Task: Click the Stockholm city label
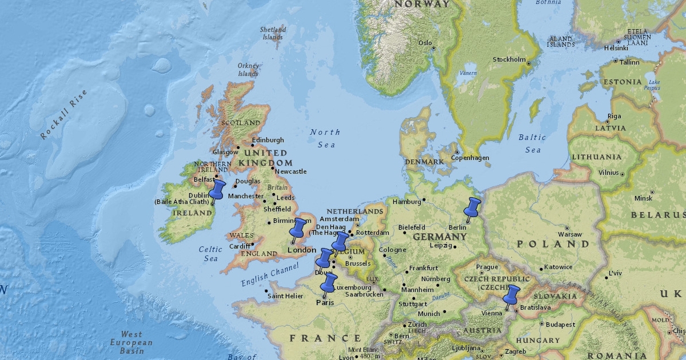coord(509,59)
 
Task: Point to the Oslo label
coord(425,43)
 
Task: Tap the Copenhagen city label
coord(470,158)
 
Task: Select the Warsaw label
coord(569,234)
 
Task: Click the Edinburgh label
coord(268,140)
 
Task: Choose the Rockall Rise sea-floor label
coord(64,115)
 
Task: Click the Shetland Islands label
coord(272,33)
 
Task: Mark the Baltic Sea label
coord(532,143)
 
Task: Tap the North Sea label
coord(324,138)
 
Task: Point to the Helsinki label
coord(616,48)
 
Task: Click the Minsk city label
coord(643,198)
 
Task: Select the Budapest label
coord(560,325)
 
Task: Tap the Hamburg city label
coord(406,201)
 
